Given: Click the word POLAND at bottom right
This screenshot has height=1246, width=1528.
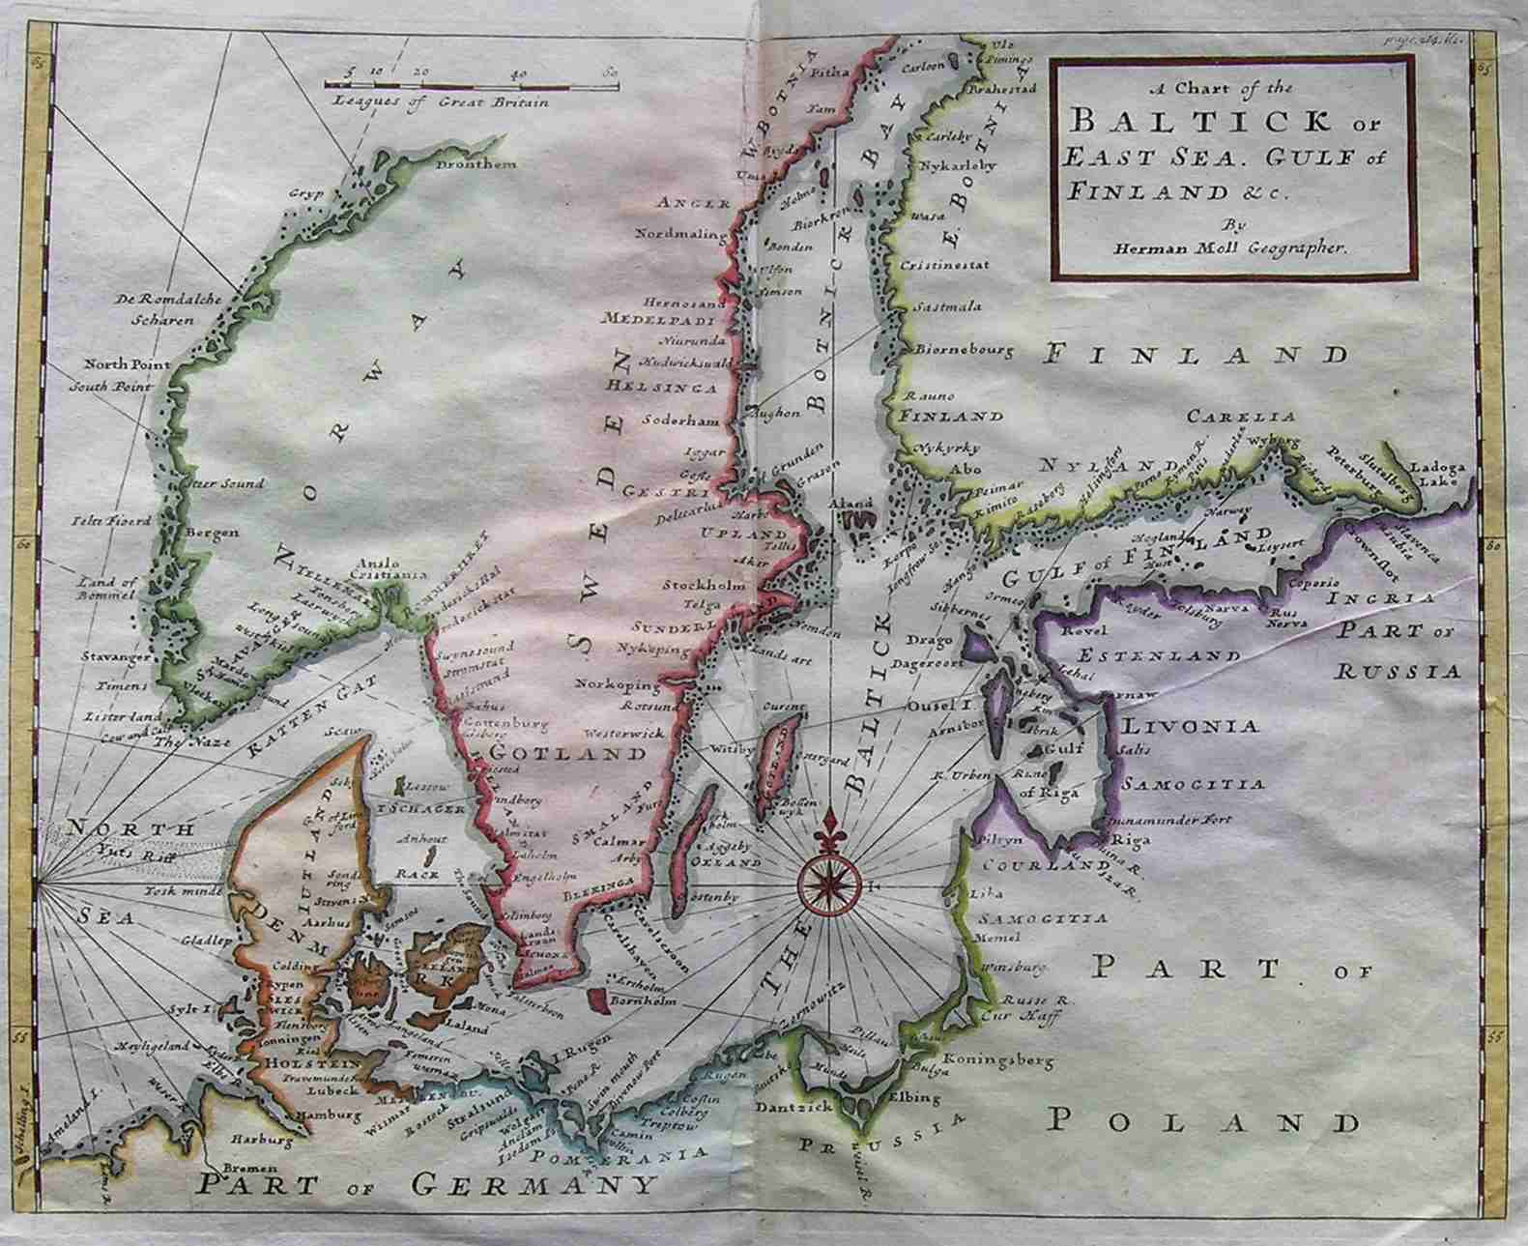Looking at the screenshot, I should coord(1203,1121).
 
